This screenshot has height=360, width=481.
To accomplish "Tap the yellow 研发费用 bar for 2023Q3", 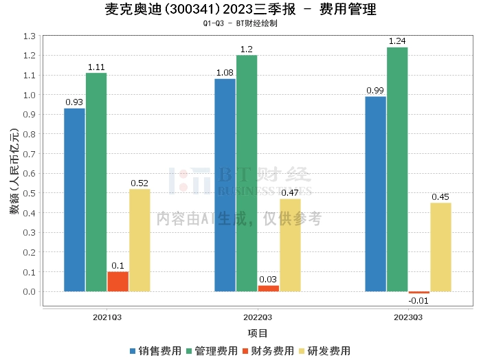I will pyautogui.click(x=440, y=247).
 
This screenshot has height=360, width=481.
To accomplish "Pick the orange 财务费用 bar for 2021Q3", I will pyautogui.click(x=118, y=281).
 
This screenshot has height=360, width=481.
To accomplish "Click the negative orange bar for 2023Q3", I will pyautogui.click(x=419, y=293).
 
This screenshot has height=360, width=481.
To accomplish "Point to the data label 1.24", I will pyautogui.click(x=397, y=42).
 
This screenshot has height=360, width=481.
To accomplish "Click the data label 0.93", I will pyautogui.click(x=74, y=102).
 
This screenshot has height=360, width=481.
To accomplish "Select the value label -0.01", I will pyautogui.click(x=418, y=301).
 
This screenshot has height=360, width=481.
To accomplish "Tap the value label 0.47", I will pyautogui.click(x=290, y=193).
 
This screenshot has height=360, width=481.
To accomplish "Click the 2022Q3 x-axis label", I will pyautogui.click(x=258, y=317).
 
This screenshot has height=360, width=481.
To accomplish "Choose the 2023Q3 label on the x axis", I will pyautogui.click(x=408, y=317).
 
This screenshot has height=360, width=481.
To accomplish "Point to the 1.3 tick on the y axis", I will pyautogui.click(x=29, y=36).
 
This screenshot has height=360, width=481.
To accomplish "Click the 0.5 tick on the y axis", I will pyautogui.click(x=29, y=193).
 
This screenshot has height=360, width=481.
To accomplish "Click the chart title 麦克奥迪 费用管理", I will pyautogui.click(x=240, y=10).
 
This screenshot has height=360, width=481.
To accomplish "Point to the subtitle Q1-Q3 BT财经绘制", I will pyautogui.click(x=240, y=23).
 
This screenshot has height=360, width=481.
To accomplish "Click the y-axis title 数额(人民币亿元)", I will pyautogui.click(x=14, y=172).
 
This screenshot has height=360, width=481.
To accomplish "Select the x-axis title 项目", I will pyautogui.click(x=258, y=333).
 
